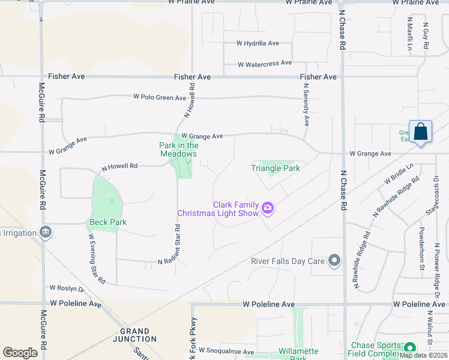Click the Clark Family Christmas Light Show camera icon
[268, 208]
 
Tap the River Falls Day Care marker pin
[334, 260]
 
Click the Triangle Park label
[275, 168]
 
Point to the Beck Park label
[108, 222]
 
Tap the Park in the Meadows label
[178, 149]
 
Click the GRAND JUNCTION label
[134, 335]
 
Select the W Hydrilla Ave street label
[258, 43]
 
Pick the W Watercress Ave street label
[265, 63]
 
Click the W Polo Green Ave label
[160, 97]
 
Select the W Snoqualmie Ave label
[226, 351]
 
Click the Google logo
[20, 352]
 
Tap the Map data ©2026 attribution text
[423, 355]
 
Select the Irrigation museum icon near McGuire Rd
[45, 232]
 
